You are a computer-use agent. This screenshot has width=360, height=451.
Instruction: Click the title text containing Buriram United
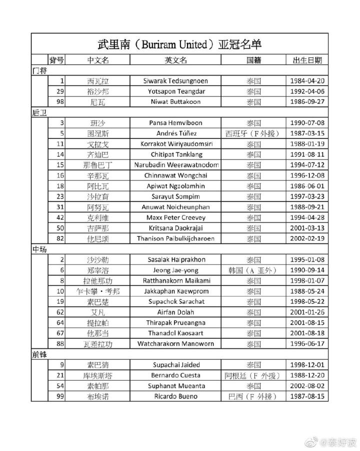(179, 44)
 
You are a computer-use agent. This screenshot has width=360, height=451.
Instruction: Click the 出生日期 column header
(307, 60)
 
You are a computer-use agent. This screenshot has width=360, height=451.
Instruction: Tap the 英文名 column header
(175, 60)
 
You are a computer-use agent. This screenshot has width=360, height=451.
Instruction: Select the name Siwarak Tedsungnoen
(175, 81)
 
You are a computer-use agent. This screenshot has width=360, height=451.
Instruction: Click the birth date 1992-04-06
(307, 91)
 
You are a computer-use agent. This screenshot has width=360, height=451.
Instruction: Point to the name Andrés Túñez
(175, 133)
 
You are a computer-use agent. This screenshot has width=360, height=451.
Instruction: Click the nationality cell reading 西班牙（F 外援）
(253, 133)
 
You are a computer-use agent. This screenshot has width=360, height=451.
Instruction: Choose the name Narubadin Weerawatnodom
(175, 165)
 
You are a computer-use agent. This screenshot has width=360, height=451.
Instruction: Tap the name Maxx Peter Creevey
(175, 217)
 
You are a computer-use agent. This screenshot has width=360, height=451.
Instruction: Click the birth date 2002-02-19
(307, 238)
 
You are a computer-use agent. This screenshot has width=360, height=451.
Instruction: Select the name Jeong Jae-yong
(175, 270)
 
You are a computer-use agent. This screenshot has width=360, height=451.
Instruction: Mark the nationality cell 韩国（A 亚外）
(253, 270)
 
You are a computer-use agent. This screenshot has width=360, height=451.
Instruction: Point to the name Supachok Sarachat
(175, 301)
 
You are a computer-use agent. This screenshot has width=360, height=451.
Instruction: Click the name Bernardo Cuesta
(175, 375)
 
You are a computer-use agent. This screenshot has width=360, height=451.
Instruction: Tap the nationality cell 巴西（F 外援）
(253, 396)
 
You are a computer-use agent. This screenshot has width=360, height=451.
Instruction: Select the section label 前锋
(39, 354)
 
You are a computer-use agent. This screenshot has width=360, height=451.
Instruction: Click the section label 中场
(39, 249)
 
